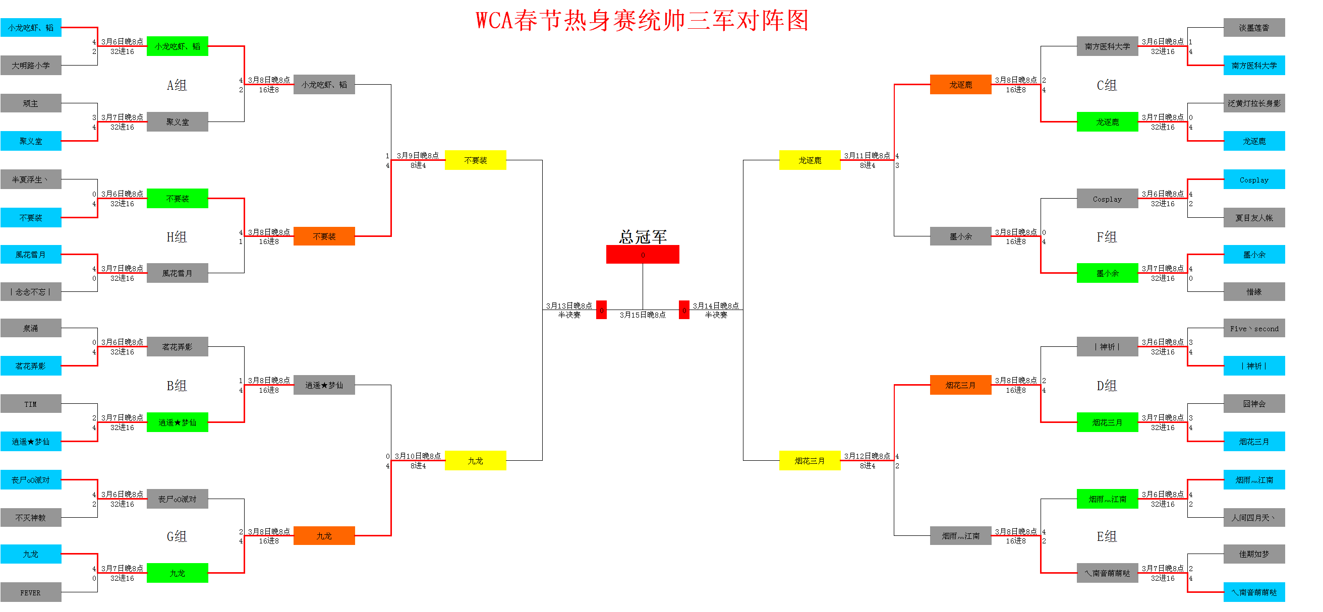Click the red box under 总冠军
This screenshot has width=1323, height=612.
[x=643, y=255]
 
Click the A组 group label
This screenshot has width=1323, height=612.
[x=177, y=85]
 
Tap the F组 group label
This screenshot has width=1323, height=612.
[x=1107, y=237]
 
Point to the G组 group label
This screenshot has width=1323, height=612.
[x=177, y=536]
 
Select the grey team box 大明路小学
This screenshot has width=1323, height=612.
[x=31, y=65]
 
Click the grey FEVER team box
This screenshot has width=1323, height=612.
[x=31, y=592]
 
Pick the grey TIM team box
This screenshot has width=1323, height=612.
[x=31, y=404]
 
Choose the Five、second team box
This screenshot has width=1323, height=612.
[x=1254, y=329]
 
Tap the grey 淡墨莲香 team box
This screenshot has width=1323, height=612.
[x=1254, y=28]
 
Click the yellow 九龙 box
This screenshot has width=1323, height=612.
[x=476, y=461]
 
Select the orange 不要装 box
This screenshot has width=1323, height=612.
[x=324, y=236]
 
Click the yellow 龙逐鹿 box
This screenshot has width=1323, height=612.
[x=810, y=160]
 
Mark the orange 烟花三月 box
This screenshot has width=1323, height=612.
[x=960, y=385]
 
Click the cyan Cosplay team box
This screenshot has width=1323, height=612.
[x=1254, y=179]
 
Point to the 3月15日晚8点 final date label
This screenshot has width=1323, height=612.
[x=643, y=315]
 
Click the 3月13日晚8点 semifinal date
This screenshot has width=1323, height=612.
[x=569, y=305]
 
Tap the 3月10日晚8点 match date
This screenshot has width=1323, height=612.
[x=418, y=456]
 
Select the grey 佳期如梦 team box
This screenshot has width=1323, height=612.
[x=1254, y=554]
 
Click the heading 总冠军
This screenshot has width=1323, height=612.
[x=643, y=237]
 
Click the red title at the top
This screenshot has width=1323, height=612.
[x=643, y=21]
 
